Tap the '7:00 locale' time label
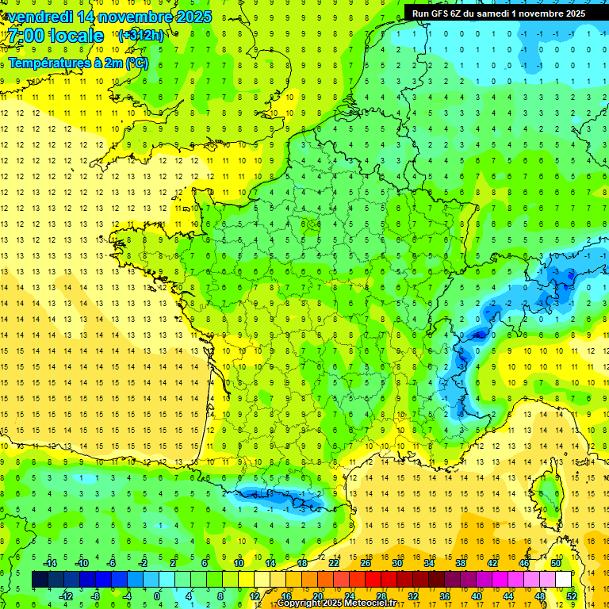tap(56, 36)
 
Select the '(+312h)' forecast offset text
tap(140, 35)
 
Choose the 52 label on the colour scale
tap(571, 596)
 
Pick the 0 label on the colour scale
tap(157, 596)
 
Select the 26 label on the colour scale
tap(365, 562)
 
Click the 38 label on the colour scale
tap(460, 562)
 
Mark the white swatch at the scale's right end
tap(564, 579)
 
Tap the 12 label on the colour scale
tap(254, 596)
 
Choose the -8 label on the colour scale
tap(95, 596)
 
